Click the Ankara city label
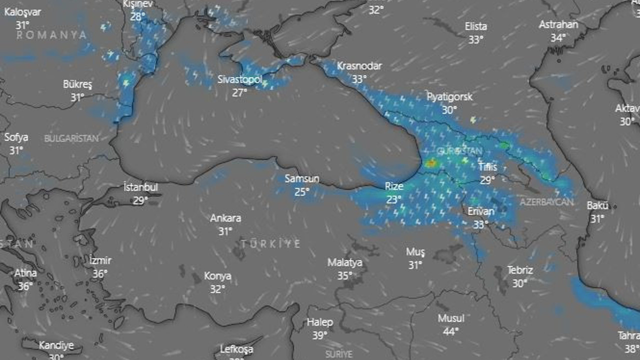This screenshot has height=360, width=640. pyautogui.click(x=225, y=218)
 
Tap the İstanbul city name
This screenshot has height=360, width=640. pyautogui.click(x=140, y=187)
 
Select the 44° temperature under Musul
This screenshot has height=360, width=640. pyautogui.click(x=451, y=331)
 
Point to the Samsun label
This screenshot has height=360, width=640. pyautogui.click(x=302, y=178)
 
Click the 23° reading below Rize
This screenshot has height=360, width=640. pyautogui.click(x=394, y=199)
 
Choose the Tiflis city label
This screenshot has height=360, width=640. pyautogui.click(x=487, y=167)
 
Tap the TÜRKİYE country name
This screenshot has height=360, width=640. pyautogui.click(x=271, y=244)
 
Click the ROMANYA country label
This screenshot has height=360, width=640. pyautogui.click(x=51, y=35)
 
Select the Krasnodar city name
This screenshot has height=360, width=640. pyautogui.click(x=359, y=66)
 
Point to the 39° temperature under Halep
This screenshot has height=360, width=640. pyautogui.click(x=319, y=335)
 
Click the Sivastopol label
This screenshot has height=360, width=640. pyautogui.click(x=240, y=79)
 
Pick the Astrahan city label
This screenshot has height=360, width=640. pyautogui.click(x=558, y=24)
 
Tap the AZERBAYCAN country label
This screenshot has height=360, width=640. pyautogui.click(x=546, y=202)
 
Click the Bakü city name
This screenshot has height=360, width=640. pyautogui.click(x=597, y=205)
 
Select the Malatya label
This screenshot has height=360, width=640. pyautogui.click(x=345, y=262)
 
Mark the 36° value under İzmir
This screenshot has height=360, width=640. pyautogui.click(x=100, y=273)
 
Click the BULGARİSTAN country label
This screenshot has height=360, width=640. pyautogui.click(x=71, y=139)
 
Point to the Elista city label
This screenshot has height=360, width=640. pyautogui.click(x=475, y=26)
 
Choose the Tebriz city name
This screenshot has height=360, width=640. pyautogui.click(x=520, y=270)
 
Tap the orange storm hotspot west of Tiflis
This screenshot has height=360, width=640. pyautogui.click(x=430, y=163)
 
